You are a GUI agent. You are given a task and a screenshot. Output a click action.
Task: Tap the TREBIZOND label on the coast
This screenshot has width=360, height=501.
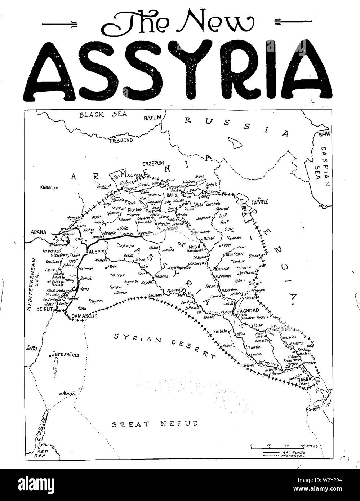click(x=121, y=140)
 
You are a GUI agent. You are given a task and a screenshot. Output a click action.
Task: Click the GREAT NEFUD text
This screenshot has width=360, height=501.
click(x=155, y=424)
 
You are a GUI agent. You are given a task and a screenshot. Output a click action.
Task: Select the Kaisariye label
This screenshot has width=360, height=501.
click(x=50, y=187)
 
